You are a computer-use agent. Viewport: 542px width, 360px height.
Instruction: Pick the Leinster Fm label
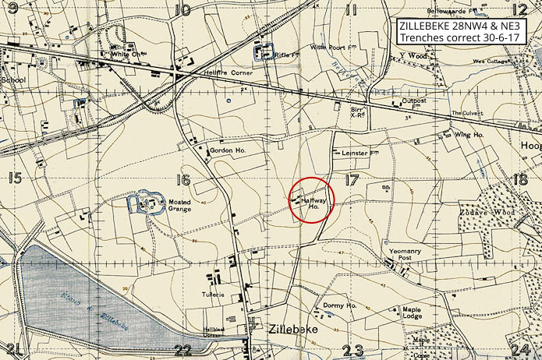click(359, 154)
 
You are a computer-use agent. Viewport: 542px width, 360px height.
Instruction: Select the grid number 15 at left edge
click(14, 178)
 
